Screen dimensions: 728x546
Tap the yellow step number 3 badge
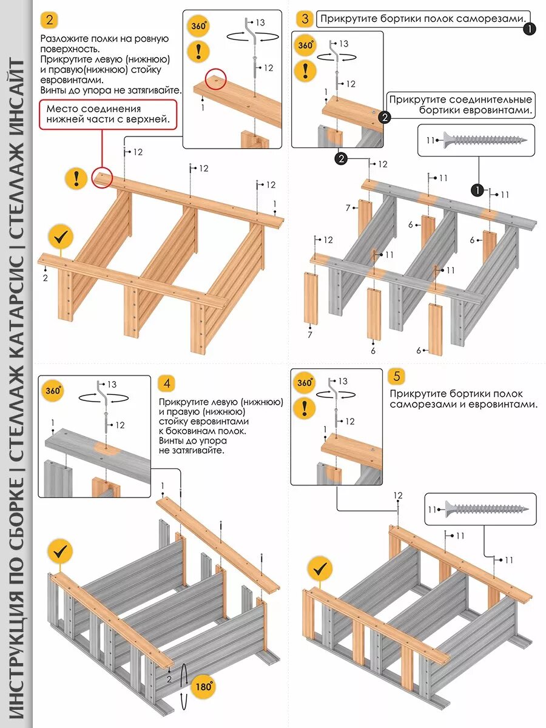tap(305, 19)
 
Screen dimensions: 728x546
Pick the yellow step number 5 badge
tap(397, 376)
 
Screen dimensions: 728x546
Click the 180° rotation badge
tap(203, 687)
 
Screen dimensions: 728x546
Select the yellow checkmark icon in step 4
tap(59, 551)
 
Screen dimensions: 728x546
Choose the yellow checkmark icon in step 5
tap(320, 569)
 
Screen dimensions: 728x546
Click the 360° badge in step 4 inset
tap(52, 391)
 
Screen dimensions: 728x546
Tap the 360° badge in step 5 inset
tap(304, 383)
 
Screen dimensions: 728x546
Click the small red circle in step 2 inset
tap(215, 78)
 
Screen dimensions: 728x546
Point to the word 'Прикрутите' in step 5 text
tap(414, 393)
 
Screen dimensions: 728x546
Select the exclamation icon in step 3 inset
tap(305, 70)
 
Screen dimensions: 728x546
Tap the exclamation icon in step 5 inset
tap(304, 408)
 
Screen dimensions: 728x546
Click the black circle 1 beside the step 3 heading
tap(530, 28)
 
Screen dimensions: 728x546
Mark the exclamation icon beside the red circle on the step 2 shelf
tap(76, 178)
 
